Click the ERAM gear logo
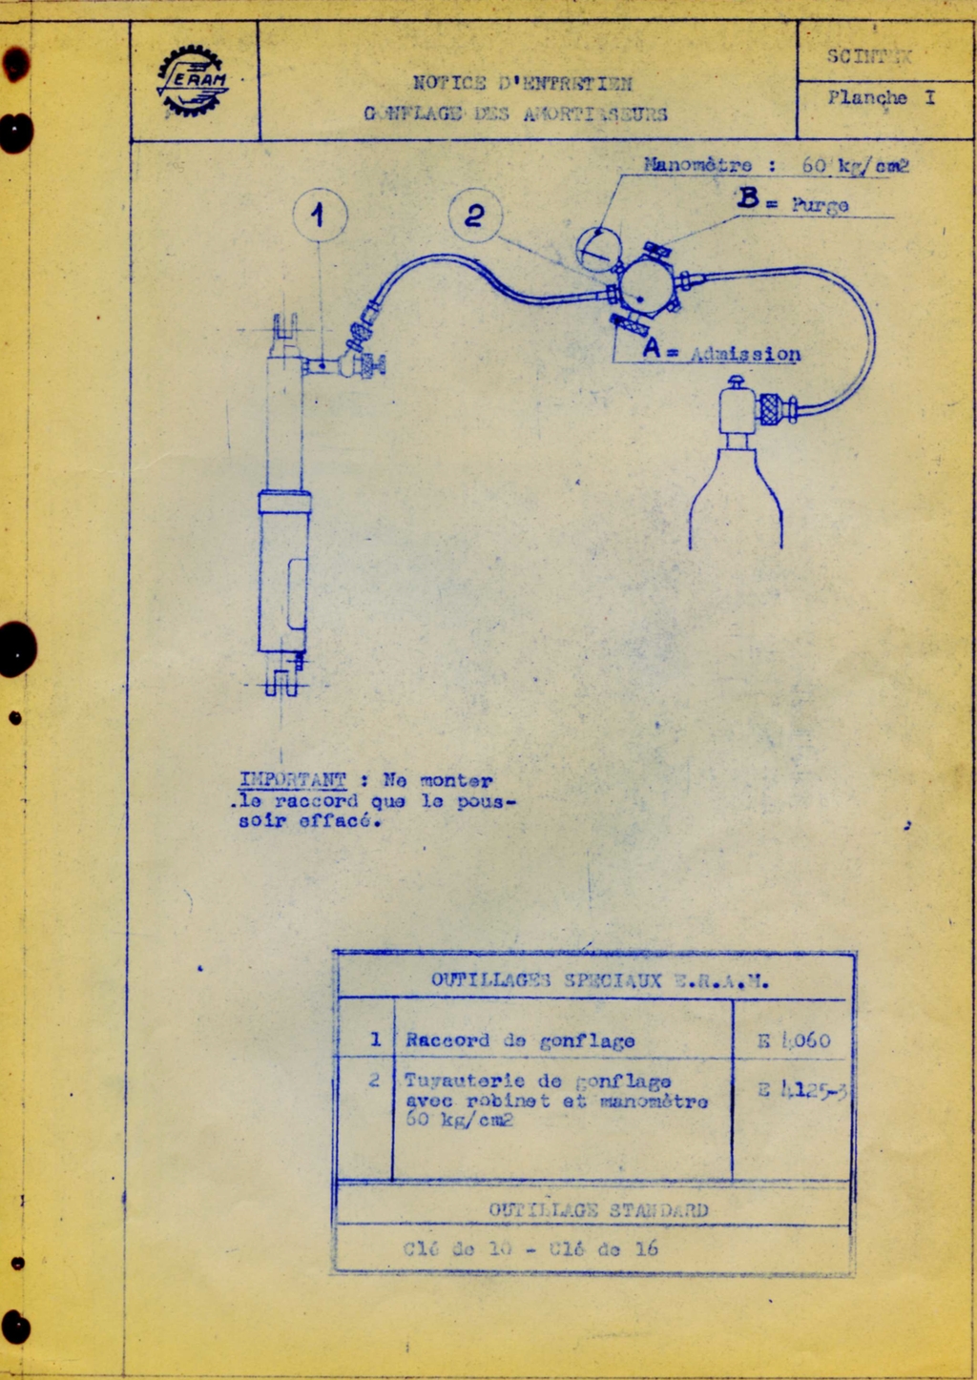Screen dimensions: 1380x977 pyautogui.click(x=193, y=81)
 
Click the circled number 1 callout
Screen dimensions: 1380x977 pyautogui.click(x=320, y=215)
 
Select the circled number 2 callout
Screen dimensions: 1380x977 pyautogui.click(x=475, y=216)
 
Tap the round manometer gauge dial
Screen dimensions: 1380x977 pyautogui.click(x=598, y=250)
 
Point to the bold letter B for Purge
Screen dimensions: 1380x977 pyautogui.click(x=748, y=199)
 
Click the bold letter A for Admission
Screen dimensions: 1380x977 pyautogui.click(x=652, y=348)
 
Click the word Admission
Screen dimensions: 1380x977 pyautogui.click(x=745, y=354)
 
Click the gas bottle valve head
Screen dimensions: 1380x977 pyautogui.click(x=738, y=406)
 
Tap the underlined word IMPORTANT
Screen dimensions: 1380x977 pyautogui.click(x=292, y=780)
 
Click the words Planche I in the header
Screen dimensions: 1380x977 pyautogui.click(x=881, y=97)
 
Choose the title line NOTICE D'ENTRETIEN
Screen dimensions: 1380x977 pyautogui.click(x=522, y=83)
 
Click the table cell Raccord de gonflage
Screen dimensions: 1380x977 pyautogui.click(x=519, y=1040)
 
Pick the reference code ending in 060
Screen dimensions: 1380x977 pyautogui.click(x=794, y=1040)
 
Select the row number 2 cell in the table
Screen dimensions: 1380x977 pyautogui.click(x=374, y=1080)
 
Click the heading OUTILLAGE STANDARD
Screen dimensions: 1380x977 pyautogui.click(x=598, y=1209)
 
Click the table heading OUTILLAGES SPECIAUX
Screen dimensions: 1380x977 pyautogui.click(x=546, y=979)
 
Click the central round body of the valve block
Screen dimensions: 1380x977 pyautogui.click(x=646, y=286)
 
